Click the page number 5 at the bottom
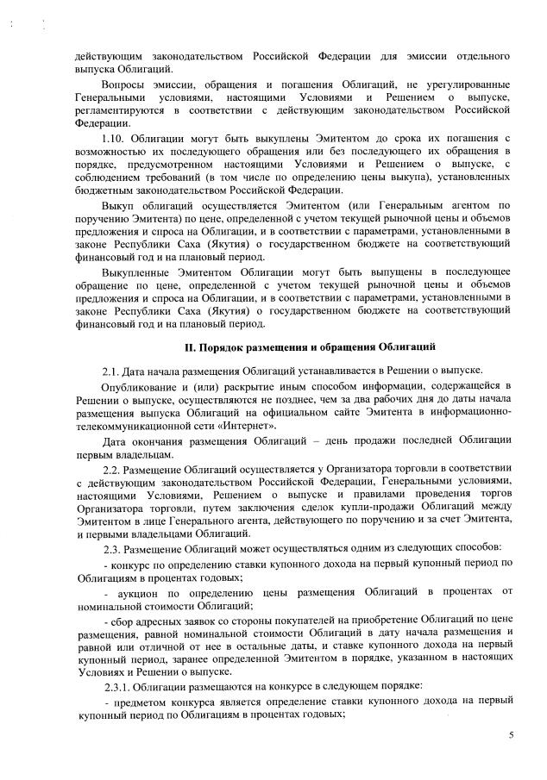click(x=511, y=735)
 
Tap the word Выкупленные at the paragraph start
click(x=135, y=272)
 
